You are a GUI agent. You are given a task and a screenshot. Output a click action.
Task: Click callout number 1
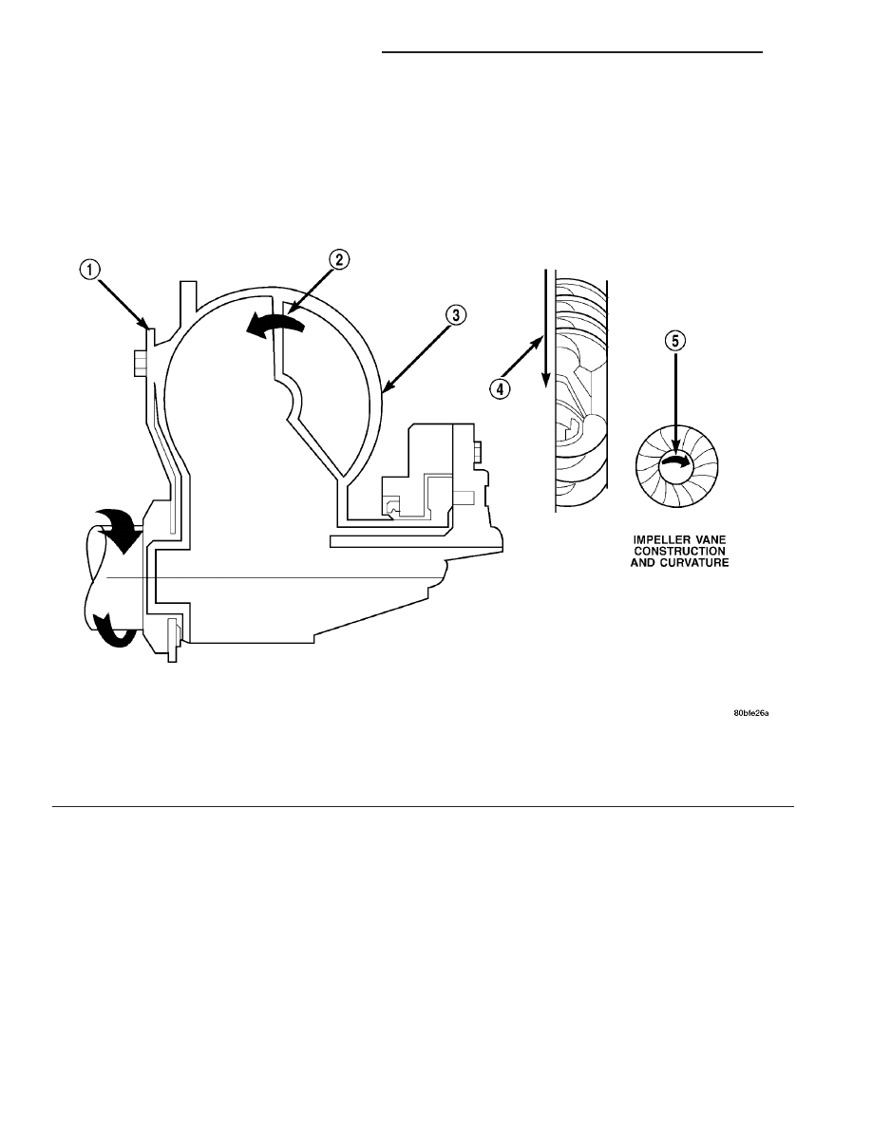(x=89, y=270)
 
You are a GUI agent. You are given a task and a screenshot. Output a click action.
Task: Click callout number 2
(x=340, y=259)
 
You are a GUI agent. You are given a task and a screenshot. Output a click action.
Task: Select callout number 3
(x=456, y=315)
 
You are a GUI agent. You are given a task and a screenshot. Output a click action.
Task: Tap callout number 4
(x=500, y=389)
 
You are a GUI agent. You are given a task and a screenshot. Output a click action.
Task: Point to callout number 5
(x=674, y=340)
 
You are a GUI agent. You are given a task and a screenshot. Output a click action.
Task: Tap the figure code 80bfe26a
(x=751, y=714)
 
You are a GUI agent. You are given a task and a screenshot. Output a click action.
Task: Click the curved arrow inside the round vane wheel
(x=675, y=462)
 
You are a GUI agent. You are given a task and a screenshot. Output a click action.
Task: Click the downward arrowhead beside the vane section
(x=546, y=380)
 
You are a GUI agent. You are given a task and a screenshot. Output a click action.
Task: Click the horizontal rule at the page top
(x=572, y=52)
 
